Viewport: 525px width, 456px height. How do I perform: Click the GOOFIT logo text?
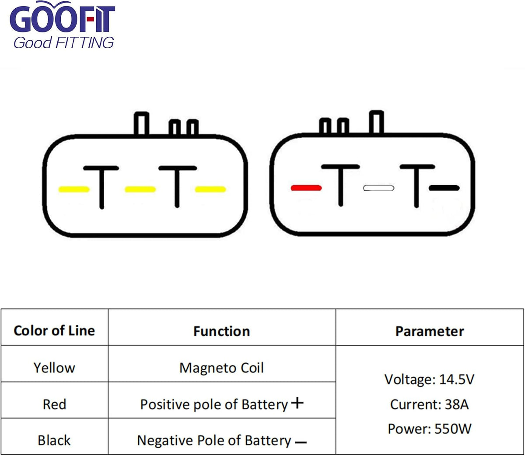click(x=63, y=17)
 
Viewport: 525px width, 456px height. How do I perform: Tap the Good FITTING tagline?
click(x=63, y=42)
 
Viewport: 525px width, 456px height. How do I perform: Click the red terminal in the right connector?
click(x=306, y=188)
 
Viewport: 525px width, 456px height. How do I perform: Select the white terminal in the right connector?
click(x=378, y=188)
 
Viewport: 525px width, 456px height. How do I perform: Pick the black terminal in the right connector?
click(x=444, y=188)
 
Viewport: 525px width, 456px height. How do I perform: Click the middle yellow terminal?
click(x=140, y=189)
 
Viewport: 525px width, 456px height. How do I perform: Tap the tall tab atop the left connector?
click(x=141, y=123)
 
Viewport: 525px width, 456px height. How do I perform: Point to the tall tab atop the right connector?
click(x=376, y=122)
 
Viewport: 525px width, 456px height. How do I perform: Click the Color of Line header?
click(x=54, y=331)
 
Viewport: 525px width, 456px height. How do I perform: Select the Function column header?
click(x=222, y=331)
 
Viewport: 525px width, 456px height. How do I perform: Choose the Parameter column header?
click(x=430, y=331)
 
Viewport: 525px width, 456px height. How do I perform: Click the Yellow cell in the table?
click(x=54, y=368)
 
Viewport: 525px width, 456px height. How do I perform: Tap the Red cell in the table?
click(x=54, y=404)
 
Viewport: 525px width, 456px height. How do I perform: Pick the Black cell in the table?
click(x=54, y=440)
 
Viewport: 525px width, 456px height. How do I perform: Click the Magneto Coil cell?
click(x=221, y=368)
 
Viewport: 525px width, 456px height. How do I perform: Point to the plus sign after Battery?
click(x=297, y=403)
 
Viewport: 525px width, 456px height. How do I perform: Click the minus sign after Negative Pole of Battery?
click(x=301, y=442)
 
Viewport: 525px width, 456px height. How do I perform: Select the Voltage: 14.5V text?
click(x=429, y=379)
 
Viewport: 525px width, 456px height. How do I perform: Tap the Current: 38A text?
click(x=429, y=404)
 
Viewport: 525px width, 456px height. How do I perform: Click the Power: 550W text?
click(x=429, y=429)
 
